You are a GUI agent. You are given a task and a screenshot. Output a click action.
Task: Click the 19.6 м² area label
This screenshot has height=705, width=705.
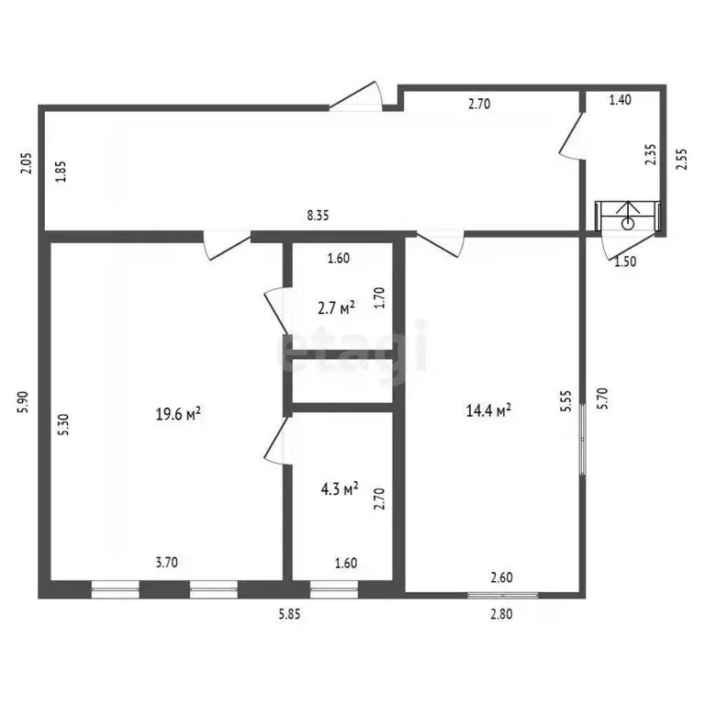tap(178, 413)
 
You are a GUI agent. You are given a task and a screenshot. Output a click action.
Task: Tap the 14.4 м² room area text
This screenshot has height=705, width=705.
tap(488, 409)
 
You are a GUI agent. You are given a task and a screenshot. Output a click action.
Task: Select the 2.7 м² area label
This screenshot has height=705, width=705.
tap(336, 308)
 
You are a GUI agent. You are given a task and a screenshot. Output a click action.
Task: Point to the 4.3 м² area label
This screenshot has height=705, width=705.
tap(340, 488)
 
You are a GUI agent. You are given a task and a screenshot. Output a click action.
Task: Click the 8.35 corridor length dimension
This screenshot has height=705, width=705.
tap(318, 216)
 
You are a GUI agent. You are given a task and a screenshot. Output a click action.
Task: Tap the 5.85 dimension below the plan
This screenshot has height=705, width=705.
tap(289, 614)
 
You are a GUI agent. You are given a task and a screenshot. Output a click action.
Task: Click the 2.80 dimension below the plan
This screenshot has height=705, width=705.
tap(501, 614)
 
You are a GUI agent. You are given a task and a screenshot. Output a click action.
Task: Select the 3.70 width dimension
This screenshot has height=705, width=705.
tap(167, 563)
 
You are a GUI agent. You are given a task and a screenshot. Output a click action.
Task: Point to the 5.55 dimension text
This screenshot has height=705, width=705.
tap(566, 400)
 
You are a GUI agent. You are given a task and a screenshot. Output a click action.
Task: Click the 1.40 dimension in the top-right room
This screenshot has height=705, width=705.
tap(620, 100)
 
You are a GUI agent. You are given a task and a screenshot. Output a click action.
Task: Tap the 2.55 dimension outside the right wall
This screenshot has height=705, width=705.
tap(682, 159)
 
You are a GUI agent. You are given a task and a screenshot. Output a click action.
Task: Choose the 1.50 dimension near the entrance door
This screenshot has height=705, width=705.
tap(625, 262)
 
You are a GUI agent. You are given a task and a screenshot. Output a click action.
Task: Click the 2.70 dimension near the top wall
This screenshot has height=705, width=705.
tap(479, 105)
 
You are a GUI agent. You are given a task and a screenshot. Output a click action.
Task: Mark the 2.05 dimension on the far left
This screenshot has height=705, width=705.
tap(26, 163)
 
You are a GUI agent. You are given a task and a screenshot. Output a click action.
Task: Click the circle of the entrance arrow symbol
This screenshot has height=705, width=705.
tap(628, 223)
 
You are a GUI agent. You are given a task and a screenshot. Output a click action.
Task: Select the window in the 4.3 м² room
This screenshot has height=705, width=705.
tap(334, 589)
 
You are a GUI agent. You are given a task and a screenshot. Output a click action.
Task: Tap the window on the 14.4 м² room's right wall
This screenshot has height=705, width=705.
tap(583, 439)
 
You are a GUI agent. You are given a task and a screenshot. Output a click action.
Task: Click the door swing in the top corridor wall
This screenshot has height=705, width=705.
tap(355, 95)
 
